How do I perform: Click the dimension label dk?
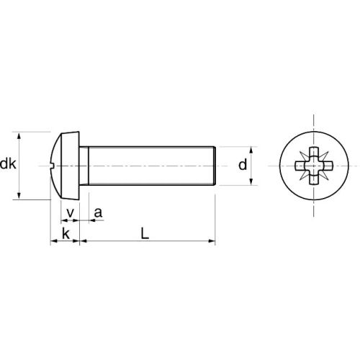[x=9, y=165]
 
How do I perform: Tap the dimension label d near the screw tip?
[x=243, y=165]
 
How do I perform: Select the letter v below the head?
[x=70, y=212]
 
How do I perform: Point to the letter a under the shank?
[x=98, y=212]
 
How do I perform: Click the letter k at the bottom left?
[x=66, y=233]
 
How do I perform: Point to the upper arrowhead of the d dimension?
[x=253, y=150]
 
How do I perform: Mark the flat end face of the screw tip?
[x=215, y=165]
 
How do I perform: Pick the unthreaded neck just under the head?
[x=84, y=165]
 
